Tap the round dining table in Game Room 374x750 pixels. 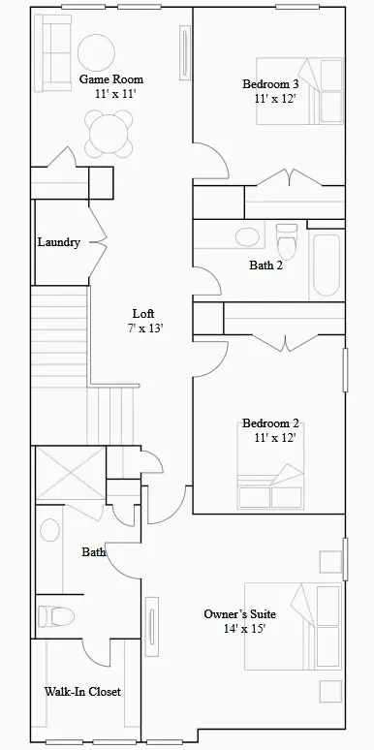coord(108,133)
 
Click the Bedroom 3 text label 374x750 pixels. coord(270,84)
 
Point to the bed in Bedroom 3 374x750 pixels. coord(300,92)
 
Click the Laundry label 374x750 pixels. coord(58,242)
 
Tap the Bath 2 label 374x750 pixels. coord(265,266)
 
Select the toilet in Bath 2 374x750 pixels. coord(287,238)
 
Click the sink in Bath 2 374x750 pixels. coord(247,236)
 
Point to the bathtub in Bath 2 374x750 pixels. coord(326,266)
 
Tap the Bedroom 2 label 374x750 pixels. coord(270,423)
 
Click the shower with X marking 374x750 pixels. coord(69,476)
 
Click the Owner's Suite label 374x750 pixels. coord(239,614)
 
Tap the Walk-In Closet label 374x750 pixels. coord(82,692)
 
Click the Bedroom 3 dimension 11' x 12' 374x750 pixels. coord(274,99)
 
